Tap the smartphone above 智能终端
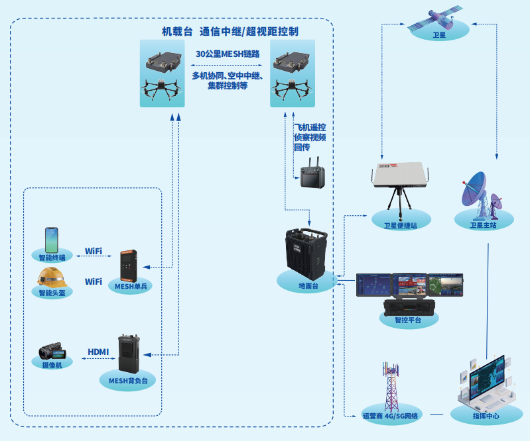(x=52, y=240)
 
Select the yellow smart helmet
(x=52, y=277)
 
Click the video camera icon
(x=52, y=351)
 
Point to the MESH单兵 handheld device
(x=129, y=266)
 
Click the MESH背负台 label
(x=128, y=381)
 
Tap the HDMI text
(x=98, y=352)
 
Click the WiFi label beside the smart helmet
(x=94, y=281)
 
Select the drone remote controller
(x=312, y=173)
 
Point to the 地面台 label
(x=308, y=286)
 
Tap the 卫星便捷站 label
(x=401, y=225)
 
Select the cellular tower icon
(x=391, y=385)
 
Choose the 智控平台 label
(x=408, y=320)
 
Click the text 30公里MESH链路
(x=228, y=54)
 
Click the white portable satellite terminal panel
(x=400, y=174)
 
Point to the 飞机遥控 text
(x=310, y=127)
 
